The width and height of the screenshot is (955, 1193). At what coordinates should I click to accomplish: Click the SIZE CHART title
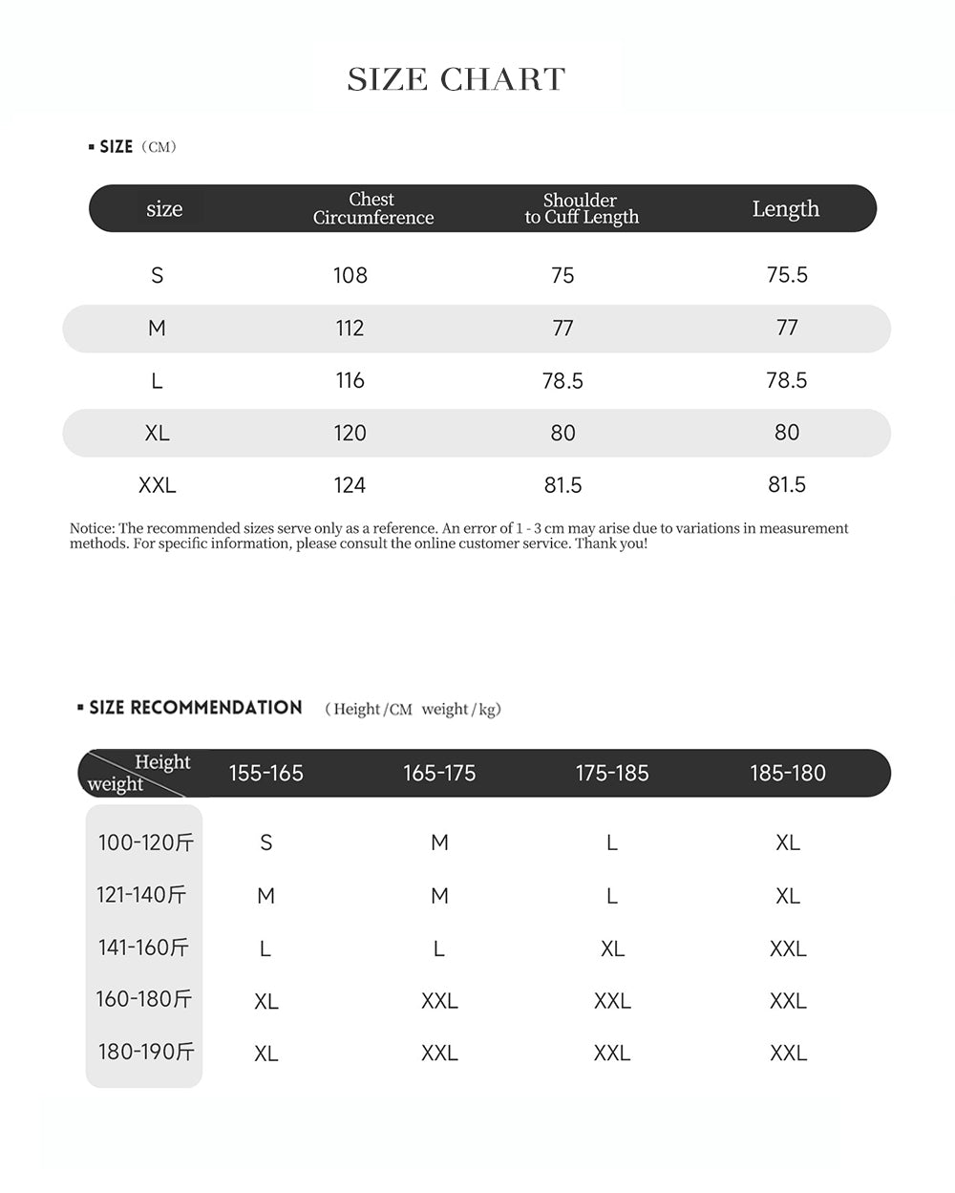point(456,79)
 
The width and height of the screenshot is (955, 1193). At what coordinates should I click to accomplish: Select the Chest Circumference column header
point(372,208)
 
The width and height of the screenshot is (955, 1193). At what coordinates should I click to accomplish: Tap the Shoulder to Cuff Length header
point(581,208)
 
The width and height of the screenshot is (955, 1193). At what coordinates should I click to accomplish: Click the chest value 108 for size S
point(350,275)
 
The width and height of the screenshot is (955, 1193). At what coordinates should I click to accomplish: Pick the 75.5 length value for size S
point(787,275)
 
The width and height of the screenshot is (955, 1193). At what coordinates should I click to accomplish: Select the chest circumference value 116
point(350,380)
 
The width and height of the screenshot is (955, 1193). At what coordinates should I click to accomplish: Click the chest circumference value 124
point(350,485)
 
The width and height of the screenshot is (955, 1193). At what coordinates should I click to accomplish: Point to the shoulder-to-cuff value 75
point(562,275)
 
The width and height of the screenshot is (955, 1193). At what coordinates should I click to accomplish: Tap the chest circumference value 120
point(350,433)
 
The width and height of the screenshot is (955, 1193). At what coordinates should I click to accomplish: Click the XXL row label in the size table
point(157,485)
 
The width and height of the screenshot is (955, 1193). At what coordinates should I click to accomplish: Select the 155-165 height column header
point(265,773)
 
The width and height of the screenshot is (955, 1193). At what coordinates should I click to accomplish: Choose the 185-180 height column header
point(787,773)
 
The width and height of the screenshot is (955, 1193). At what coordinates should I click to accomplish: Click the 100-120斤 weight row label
point(145,842)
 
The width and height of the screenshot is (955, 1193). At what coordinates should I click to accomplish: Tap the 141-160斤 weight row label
point(143,948)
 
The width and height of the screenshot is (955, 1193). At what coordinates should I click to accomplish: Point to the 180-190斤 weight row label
point(145,1052)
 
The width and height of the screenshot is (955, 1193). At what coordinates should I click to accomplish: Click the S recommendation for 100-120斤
point(265,842)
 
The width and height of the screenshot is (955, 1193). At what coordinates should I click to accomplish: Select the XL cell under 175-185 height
point(612,948)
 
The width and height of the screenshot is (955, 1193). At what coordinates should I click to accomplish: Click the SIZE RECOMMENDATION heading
point(195,708)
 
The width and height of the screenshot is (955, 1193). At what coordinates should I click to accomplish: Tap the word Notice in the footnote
point(92,528)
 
